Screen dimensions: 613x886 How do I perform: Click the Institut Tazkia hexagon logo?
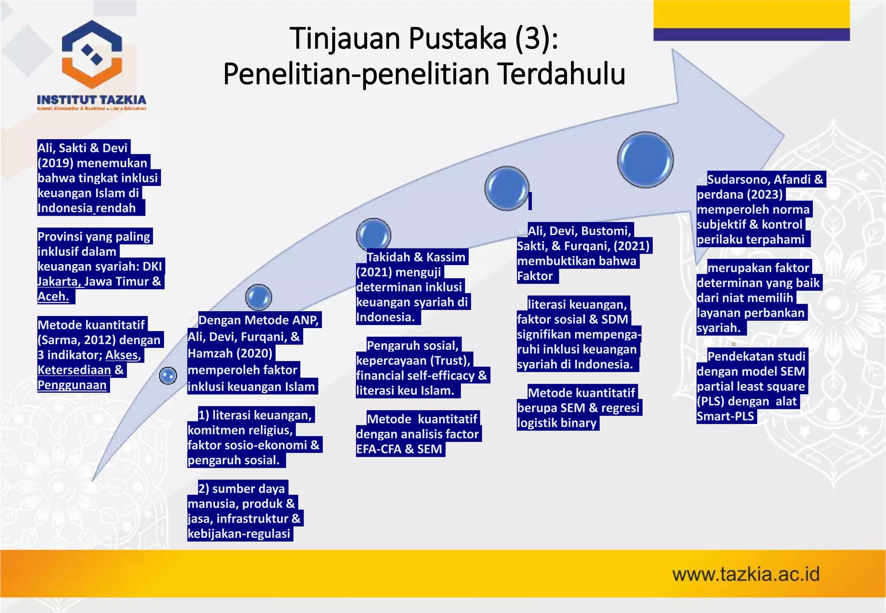point(92,54)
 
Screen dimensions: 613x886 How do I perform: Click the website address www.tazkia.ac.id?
point(746,575)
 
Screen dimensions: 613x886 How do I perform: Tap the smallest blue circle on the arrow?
point(168,375)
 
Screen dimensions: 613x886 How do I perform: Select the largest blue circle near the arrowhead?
point(645,160)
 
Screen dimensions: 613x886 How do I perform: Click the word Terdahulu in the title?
point(562,74)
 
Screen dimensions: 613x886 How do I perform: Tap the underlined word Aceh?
point(53,297)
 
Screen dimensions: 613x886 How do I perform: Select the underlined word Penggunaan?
point(72,385)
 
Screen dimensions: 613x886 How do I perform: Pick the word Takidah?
point(388,257)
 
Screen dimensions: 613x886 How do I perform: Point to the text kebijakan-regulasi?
point(239,534)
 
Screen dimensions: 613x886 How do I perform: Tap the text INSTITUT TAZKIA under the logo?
point(91,100)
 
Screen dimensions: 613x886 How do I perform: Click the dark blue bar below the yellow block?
point(751,35)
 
